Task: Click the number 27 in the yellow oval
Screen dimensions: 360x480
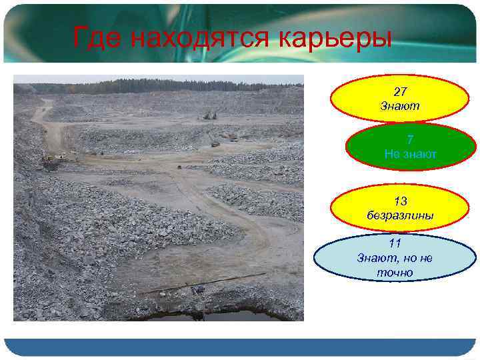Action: [400, 91]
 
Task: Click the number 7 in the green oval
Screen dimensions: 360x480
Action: [410, 140]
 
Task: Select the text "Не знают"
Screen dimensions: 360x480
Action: [410, 154]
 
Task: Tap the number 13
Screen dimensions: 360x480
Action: [400, 201]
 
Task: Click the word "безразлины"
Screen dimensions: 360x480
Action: [400, 215]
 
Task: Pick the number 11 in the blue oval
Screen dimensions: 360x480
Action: [395, 243]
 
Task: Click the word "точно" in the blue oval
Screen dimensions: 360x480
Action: [395, 272]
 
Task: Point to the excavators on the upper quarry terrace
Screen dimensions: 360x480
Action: [210, 115]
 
